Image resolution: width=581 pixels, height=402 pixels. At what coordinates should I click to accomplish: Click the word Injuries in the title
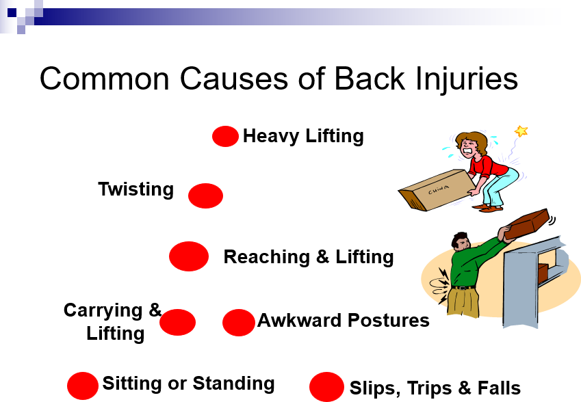click(x=467, y=79)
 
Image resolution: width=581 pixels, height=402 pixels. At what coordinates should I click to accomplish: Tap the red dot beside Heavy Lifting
click(x=225, y=136)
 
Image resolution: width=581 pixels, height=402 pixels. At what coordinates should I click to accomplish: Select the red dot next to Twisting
click(x=206, y=196)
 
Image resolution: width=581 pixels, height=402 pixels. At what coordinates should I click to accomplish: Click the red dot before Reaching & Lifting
click(x=189, y=256)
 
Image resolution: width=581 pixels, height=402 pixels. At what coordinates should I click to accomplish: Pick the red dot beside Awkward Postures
click(x=239, y=323)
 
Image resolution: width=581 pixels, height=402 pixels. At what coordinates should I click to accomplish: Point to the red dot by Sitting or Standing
click(x=83, y=386)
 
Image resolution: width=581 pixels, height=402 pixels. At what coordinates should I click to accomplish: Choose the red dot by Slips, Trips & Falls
click(x=326, y=387)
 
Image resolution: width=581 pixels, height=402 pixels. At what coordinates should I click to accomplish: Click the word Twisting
click(x=136, y=189)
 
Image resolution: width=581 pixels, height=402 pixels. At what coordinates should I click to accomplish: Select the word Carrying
click(x=103, y=310)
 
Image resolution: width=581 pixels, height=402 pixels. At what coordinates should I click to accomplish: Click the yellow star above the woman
click(x=521, y=131)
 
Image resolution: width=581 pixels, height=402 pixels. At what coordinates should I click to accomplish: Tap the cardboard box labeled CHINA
click(x=437, y=190)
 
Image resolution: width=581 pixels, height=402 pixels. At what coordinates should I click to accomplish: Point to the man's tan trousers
click(x=463, y=302)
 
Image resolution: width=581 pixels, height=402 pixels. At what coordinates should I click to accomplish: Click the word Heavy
click(x=271, y=136)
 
